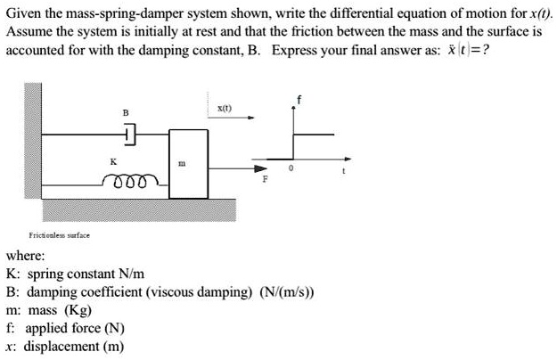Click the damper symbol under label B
pos(129,135)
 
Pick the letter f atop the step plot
pos(299,99)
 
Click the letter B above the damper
pos(126,112)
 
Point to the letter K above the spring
pos(112,161)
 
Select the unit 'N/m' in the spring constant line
pos(129,274)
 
